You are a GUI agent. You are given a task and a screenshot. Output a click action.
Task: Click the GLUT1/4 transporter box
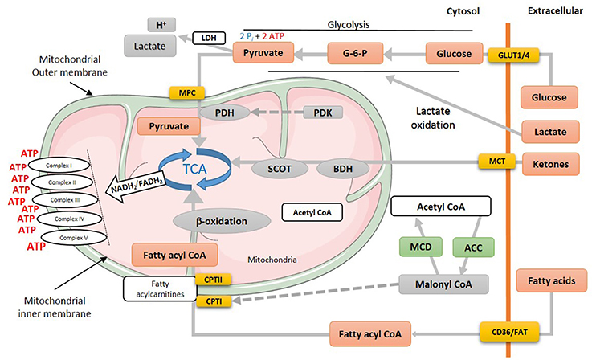[513, 55]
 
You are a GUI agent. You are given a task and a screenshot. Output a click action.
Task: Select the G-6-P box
[355, 53]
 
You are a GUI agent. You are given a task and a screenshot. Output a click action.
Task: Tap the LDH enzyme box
[209, 38]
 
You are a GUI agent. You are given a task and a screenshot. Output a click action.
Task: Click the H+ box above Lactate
[161, 25]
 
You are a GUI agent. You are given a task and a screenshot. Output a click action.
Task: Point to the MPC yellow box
[187, 93]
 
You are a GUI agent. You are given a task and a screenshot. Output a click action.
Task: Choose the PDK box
[323, 112]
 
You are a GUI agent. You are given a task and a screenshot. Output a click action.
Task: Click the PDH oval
[225, 112]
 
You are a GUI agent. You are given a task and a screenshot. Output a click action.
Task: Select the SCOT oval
[280, 169]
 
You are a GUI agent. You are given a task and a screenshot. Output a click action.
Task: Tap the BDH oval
[343, 169]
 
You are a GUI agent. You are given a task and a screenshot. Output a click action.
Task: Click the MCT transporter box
[497, 162]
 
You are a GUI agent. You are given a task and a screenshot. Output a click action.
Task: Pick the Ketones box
[550, 164]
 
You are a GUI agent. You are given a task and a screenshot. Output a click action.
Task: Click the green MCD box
[421, 247]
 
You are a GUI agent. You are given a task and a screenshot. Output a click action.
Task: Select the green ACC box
[473, 247]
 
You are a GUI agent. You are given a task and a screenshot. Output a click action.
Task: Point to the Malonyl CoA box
[443, 284]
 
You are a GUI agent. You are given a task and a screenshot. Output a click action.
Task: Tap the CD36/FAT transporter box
[510, 333]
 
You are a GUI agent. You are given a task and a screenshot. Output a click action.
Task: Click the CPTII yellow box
[213, 280]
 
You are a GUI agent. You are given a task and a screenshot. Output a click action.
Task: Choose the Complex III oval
[65, 200]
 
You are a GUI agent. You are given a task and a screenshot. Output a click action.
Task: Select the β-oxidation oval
[222, 221]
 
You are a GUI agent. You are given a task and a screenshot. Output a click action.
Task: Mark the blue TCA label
[195, 169]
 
